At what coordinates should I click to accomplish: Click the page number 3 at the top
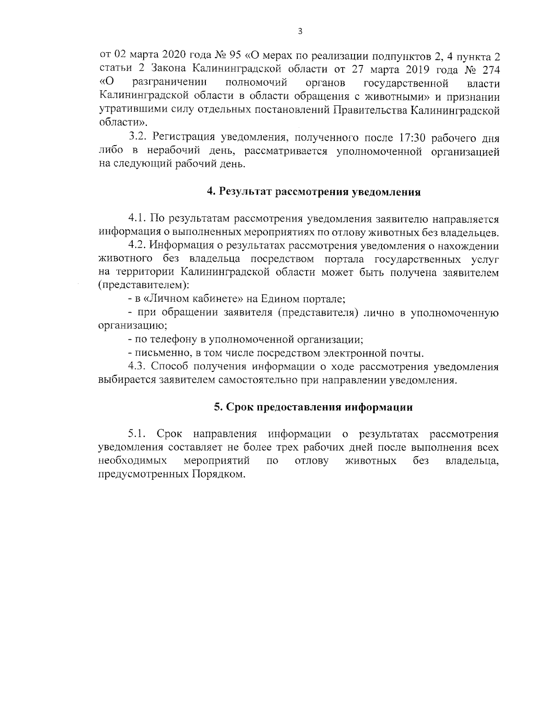tap(300, 32)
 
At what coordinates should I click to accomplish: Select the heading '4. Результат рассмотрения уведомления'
tap(313, 192)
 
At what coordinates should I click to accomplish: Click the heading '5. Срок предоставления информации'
tap(313, 407)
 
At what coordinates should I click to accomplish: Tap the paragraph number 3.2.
tap(138, 138)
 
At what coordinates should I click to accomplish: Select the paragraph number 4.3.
tap(137, 367)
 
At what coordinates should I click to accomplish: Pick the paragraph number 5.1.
tap(138, 434)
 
